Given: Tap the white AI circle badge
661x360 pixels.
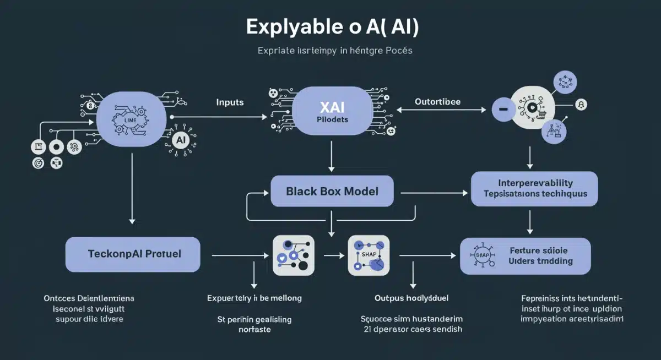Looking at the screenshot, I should (x=180, y=140).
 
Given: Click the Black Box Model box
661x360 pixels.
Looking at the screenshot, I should (x=332, y=192).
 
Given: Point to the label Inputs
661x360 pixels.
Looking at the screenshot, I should (x=230, y=102).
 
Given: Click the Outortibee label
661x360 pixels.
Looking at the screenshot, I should (x=438, y=102).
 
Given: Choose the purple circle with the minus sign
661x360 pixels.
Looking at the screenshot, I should (x=503, y=110).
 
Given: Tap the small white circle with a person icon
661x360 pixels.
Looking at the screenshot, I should (x=581, y=105).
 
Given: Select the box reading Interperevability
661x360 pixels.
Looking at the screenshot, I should (x=534, y=188).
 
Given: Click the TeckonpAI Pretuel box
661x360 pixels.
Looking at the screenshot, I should (x=132, y=254).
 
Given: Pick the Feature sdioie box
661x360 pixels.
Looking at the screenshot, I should (x=525, y=256).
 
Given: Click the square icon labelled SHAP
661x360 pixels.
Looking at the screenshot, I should (x=369, y=255).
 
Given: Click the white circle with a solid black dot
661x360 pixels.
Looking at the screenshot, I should (x=55, y=147).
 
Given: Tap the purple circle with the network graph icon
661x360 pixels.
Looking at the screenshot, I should (x=565, y=83).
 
